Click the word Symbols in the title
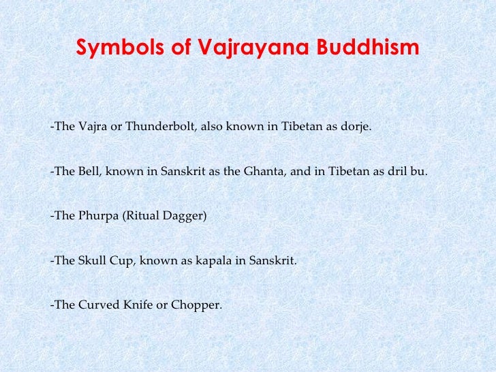coord(109,49)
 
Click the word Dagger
coord(183,216)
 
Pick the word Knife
coord(136,305)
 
